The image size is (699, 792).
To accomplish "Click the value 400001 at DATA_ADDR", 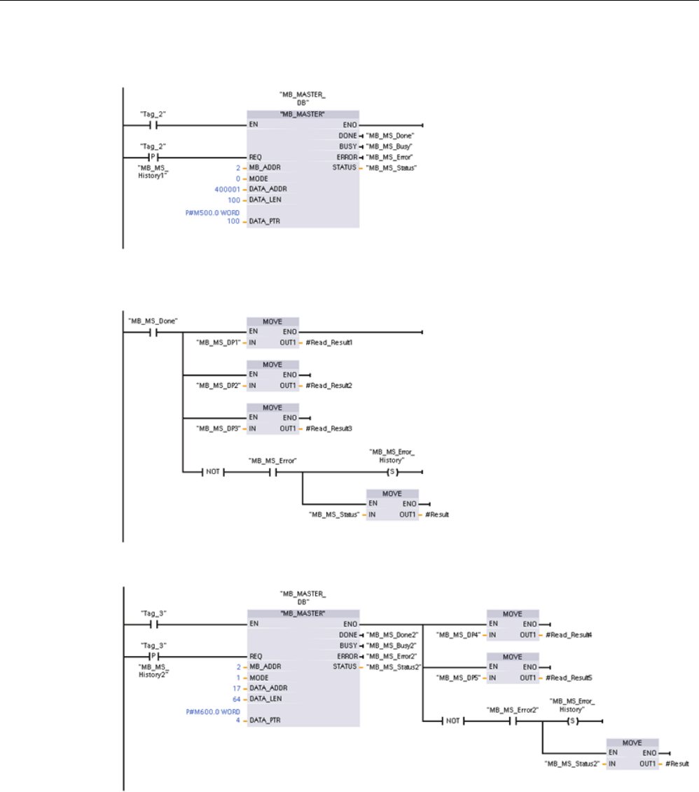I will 229,189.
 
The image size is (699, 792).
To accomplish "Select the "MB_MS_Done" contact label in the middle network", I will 153,321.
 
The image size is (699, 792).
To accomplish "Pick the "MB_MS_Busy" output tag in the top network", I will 391,146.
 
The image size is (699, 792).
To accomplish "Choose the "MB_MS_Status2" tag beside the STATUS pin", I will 394,667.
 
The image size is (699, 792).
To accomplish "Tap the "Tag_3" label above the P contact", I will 153,644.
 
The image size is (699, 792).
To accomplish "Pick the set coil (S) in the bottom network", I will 572,720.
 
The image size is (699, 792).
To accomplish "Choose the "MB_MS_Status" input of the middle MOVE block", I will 335,514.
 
